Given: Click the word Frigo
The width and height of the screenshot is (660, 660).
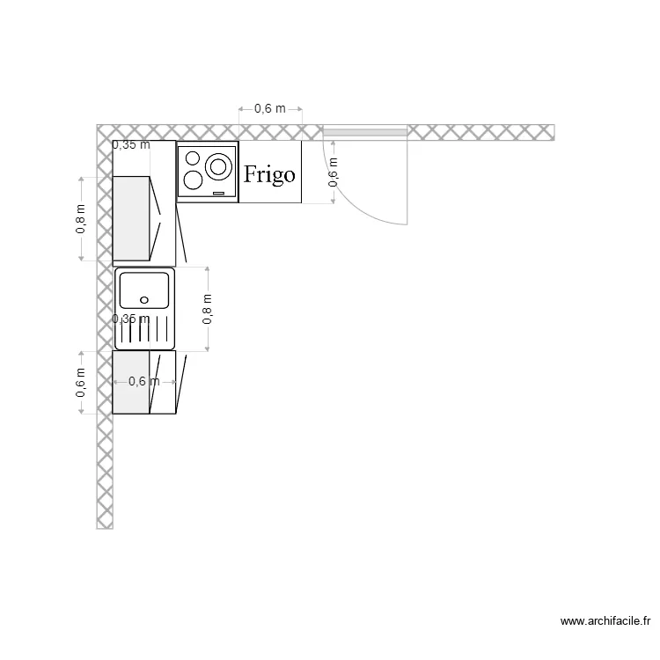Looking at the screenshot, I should point(269,173).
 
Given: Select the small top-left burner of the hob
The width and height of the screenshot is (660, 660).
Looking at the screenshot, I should point(190,158).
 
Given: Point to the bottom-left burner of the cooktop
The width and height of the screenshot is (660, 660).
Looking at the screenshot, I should point(191,182).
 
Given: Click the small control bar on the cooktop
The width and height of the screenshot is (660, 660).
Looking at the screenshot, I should point(219,193).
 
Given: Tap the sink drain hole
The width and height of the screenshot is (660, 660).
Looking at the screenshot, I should point(143,299).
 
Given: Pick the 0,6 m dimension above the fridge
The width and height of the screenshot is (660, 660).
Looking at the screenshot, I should point(270,109).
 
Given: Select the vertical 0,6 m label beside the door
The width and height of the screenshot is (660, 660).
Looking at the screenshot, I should point(333,172).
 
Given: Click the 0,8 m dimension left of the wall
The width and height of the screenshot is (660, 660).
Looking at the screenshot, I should point(81,218).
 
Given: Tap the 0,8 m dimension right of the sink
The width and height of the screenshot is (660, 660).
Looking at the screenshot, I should point(208,309).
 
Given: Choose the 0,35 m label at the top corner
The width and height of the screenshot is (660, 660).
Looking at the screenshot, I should point(130,145).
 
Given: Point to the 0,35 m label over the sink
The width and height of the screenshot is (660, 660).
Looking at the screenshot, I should point(130,319).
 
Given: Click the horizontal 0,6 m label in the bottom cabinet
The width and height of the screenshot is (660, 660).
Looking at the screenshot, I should point(144,381).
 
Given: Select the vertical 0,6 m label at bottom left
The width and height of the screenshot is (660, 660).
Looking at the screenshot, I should point(81,383).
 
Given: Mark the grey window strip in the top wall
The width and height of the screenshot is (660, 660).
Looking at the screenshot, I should point(364,133).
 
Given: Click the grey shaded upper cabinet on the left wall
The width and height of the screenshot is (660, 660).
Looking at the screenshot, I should point(131,218).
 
